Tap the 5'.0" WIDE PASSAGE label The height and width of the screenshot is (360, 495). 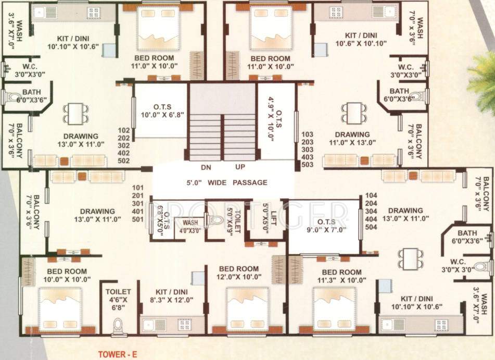click(x=227, y=183)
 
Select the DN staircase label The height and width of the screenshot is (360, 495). click(x=206, y=168)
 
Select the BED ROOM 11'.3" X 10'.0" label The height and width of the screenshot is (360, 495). click(x=341, y=276)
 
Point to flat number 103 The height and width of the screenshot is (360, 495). click(x=308, y=134)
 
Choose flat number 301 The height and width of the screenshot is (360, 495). click(x=138, y=203)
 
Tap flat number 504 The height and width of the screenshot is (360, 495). click(x=372, y=227)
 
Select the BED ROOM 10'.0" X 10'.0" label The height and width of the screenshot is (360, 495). click(x=67, y=275)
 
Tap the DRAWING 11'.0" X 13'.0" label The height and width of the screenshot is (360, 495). click(x=352, y=138)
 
